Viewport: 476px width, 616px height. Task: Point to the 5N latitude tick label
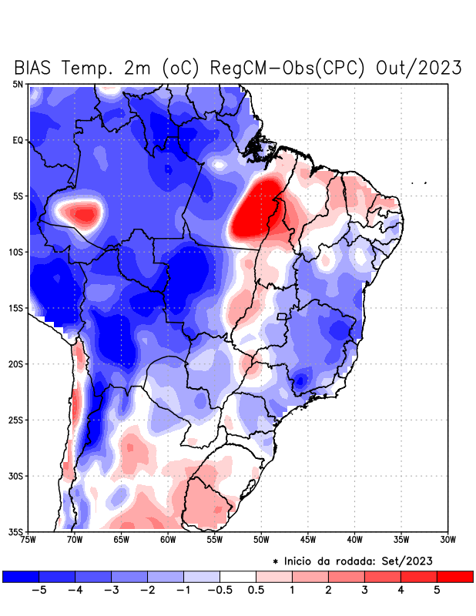click(x=18, y=84)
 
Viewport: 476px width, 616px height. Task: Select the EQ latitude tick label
click(x=18, y=140)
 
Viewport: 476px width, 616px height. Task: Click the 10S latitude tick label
click(x=16, y=252)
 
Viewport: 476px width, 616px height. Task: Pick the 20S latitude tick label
click(x=16, y=363)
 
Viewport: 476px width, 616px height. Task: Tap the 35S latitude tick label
click(x=16, y=531)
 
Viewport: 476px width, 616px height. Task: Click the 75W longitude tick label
click(x=28, y=540)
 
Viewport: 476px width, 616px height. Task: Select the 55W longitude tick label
click(x=215, y=540)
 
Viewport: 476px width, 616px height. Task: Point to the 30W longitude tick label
click(x=448, y=540)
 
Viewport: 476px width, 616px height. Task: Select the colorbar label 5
click(x=437, y=591)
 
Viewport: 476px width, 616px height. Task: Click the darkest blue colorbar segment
click(x=20, y=576)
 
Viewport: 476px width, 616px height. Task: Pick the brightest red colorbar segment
click(x=454, y=576)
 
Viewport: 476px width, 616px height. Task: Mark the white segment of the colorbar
click(x=237, y=576)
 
